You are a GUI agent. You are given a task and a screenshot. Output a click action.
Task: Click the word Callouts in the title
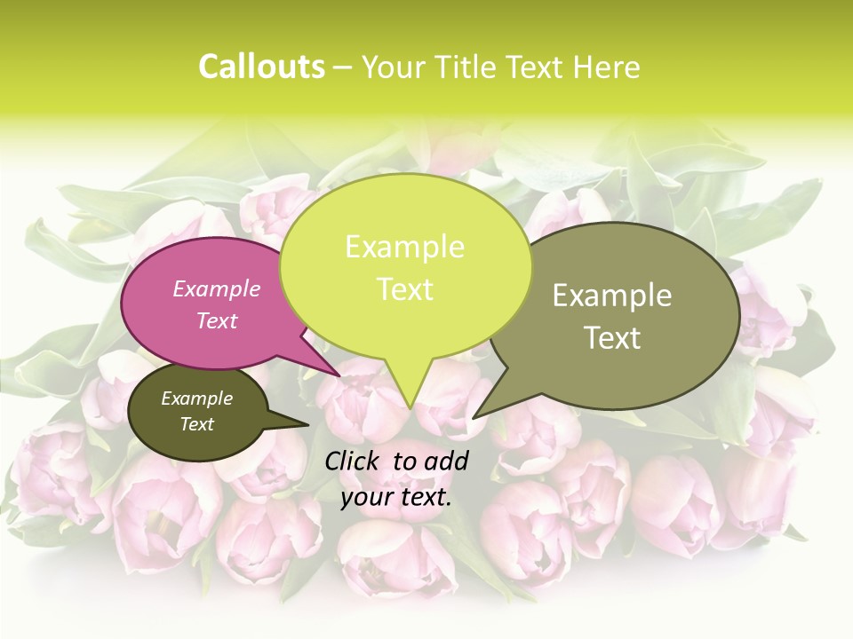point(261,67)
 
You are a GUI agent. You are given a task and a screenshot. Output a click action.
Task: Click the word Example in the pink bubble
point(217,288)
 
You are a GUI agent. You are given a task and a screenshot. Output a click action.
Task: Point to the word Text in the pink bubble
point(217,320)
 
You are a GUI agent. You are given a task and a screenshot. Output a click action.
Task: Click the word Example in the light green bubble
point(404,247)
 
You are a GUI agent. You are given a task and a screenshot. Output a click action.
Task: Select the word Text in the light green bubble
point(404,289)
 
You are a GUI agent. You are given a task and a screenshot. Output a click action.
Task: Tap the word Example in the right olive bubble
point(612,296)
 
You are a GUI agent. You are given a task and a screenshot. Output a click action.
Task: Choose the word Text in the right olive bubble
point(612,338)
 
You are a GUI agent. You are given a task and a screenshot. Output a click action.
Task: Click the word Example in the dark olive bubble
point(196,398)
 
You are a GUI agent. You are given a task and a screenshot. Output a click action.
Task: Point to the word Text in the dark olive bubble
point(196,424)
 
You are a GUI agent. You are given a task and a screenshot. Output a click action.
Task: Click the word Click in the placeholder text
point(355,461)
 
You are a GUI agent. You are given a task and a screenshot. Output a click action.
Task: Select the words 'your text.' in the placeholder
point(396,497)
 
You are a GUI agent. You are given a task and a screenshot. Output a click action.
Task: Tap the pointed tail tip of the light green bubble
point(410,407)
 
